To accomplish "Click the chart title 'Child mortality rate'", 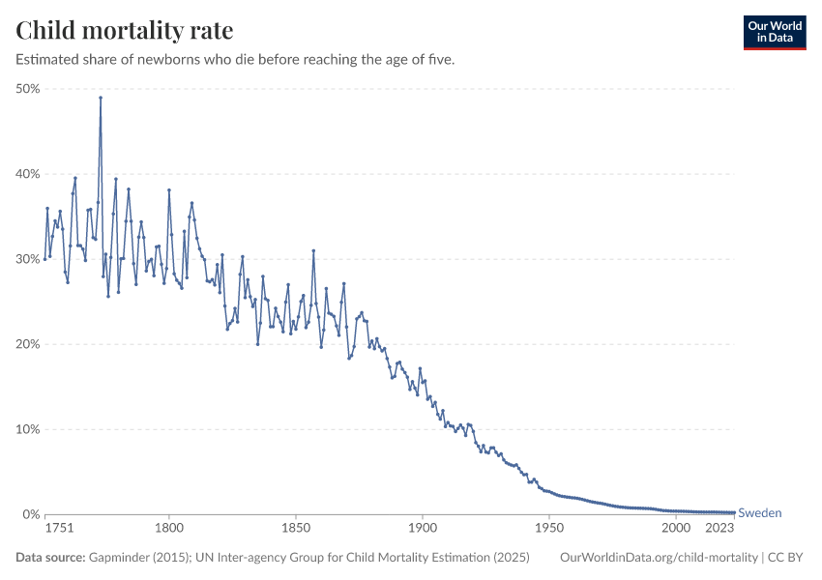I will [125, 31].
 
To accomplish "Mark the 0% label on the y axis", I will [30, 514].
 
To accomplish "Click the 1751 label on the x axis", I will [59, 529].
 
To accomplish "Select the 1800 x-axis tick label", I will [169, 529].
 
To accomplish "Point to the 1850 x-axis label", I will [296, 529].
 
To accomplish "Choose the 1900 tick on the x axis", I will [423, 529].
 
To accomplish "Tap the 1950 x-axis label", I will [549, 529].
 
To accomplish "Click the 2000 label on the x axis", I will [676, 529].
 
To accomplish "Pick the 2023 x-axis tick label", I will [719, 529].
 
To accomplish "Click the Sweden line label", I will [760, 513].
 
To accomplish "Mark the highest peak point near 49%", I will [101, 98].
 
